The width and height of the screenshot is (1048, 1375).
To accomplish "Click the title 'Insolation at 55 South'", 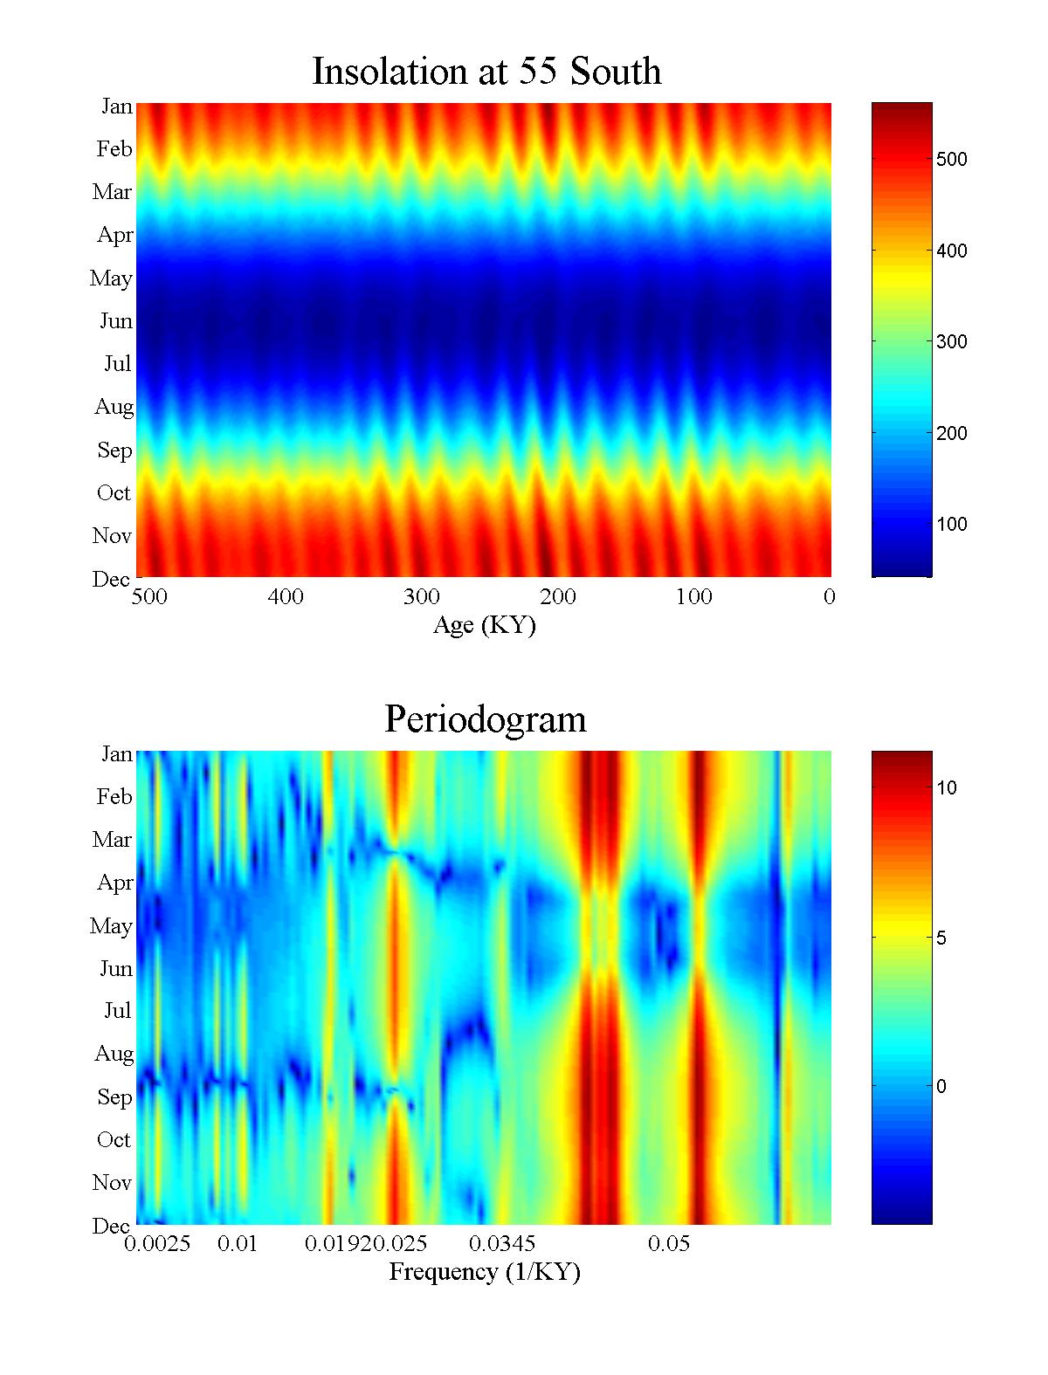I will click(486, 72).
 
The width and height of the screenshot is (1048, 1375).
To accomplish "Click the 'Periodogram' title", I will click(486, 719).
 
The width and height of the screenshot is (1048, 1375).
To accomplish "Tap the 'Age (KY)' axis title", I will click(484, 625).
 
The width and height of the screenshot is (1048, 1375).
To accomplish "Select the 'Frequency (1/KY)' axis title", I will click(485, 1272).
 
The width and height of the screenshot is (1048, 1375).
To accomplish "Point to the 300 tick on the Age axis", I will click(421, 597).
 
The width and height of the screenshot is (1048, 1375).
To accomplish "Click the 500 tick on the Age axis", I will click(149, 597).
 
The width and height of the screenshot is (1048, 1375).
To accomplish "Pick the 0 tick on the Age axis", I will click(829, 597).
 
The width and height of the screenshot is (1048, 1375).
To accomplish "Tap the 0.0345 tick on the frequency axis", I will click(502, 1244).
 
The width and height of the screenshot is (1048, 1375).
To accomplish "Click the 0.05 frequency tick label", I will click(669, 1244).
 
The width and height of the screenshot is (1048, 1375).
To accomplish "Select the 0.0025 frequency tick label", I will click(157, 1244).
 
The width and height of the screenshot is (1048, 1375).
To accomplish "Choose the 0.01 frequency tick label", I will click(238, 1244).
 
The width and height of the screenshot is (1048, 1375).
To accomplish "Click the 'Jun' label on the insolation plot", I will click(115, 321).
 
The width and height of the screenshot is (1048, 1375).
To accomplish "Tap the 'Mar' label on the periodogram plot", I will click(112, 840).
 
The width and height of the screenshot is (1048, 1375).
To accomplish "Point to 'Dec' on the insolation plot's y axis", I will click(112, 579).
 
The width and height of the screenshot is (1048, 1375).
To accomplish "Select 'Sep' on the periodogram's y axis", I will click(114, 1097).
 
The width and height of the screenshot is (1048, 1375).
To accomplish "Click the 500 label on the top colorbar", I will click(951, 159).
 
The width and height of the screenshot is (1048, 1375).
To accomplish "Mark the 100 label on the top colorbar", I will click(951, 524).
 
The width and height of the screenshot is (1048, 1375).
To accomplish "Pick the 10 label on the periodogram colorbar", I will click(947, 787).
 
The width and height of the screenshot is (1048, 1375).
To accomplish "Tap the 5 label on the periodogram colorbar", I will click(941, 938).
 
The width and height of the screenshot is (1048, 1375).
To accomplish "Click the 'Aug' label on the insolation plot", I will click(114, 407).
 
